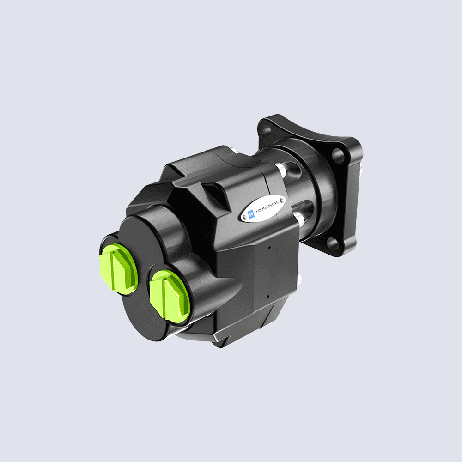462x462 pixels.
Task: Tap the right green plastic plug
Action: (x=169, y=293)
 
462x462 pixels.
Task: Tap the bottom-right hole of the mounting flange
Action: (x=334, y=244)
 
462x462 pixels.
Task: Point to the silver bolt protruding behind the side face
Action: (x=300, y=278)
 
